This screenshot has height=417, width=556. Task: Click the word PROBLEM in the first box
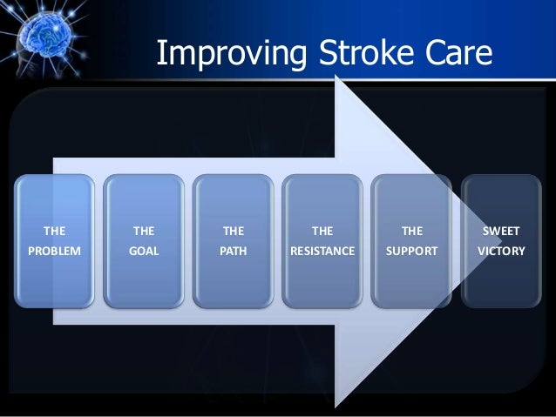(53, 252)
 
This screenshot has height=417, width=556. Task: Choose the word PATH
(233, 252)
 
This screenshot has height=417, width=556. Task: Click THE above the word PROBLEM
(53, 231)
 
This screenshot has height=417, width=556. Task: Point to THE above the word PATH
(233, 231)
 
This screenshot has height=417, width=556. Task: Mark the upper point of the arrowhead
(337, 77)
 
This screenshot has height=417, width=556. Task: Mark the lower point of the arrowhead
(337, 406)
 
